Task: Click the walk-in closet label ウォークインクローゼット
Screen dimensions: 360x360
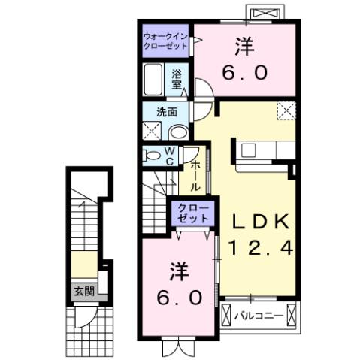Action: click(168, 39)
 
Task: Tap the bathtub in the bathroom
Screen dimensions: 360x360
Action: click(153, 80)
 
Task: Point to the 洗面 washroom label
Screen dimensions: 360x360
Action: click(166, 112)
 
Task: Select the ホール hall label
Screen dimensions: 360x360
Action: click(194, 176)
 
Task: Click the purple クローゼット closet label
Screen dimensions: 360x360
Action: click(192, 213)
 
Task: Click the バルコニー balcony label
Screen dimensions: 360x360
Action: click(260, 315)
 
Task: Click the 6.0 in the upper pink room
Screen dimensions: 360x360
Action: click(244, 74)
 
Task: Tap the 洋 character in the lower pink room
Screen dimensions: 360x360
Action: click(177, 270)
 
